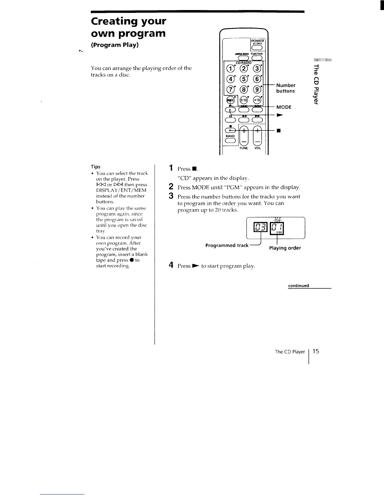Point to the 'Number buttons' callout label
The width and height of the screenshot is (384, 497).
tap(285, 88)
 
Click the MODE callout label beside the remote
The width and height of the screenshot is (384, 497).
tap(284, 107)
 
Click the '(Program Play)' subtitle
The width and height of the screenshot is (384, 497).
tap(115, 45)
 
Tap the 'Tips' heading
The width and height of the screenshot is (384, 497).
tap(95, 167)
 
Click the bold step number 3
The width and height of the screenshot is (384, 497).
tap(171, 196)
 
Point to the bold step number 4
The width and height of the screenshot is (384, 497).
tap(171, 265)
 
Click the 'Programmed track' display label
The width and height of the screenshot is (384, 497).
tap(227, 245)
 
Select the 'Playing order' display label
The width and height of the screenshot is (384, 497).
tap(285, 248)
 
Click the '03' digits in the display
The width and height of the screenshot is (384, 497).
tap(261, 227)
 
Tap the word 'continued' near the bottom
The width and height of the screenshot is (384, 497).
tap(299, 286)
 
